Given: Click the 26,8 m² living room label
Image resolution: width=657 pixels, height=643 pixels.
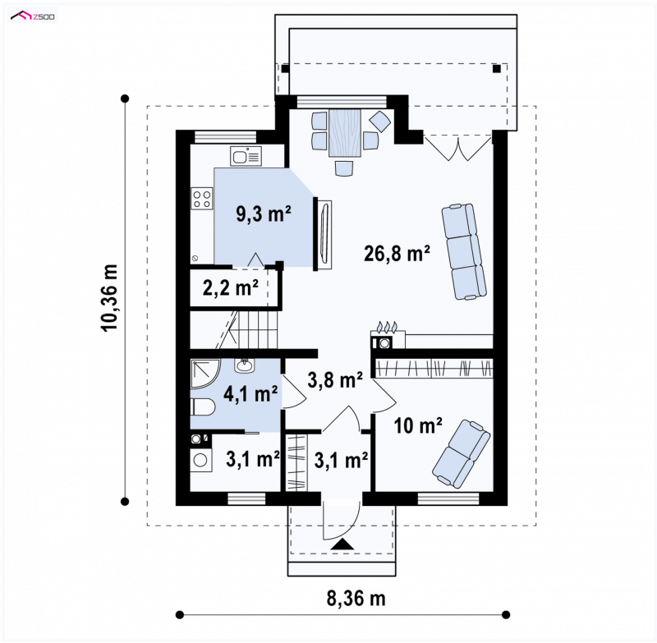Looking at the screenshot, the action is (x=397, y=254).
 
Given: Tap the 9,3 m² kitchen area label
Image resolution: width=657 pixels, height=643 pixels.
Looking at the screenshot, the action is (x=264, y=214).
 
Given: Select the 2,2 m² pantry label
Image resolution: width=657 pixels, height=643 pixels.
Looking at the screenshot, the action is (x=231, y=287).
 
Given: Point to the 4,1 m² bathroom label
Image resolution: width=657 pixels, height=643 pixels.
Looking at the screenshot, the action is (x=250, y=393).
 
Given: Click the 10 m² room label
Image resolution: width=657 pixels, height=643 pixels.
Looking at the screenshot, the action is (x=418, y=426).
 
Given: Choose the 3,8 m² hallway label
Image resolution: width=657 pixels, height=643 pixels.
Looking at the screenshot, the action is (x=335, y=380).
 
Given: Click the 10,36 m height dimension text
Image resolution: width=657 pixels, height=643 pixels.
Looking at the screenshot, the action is (x=110, y=298).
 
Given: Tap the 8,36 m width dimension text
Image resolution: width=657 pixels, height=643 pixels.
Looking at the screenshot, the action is (x=356, y=599).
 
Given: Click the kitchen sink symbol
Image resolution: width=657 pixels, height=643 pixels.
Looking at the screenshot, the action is (x=246, y=156).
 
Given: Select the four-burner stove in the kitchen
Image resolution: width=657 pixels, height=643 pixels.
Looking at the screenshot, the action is (x=202, y=199).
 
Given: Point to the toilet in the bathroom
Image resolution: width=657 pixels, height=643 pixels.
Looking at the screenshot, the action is (x=203, y=407).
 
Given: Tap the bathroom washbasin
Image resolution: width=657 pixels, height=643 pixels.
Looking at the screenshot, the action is (x=244, y=366).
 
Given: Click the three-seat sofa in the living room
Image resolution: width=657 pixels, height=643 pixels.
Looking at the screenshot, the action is (x=464, y=252).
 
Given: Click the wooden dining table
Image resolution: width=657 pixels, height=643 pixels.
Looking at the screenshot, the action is (x=345, y=133).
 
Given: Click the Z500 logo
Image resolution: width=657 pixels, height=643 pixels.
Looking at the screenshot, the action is (x=33, y=16).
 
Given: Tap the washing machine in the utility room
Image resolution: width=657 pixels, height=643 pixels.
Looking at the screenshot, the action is (x=201, y=460).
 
